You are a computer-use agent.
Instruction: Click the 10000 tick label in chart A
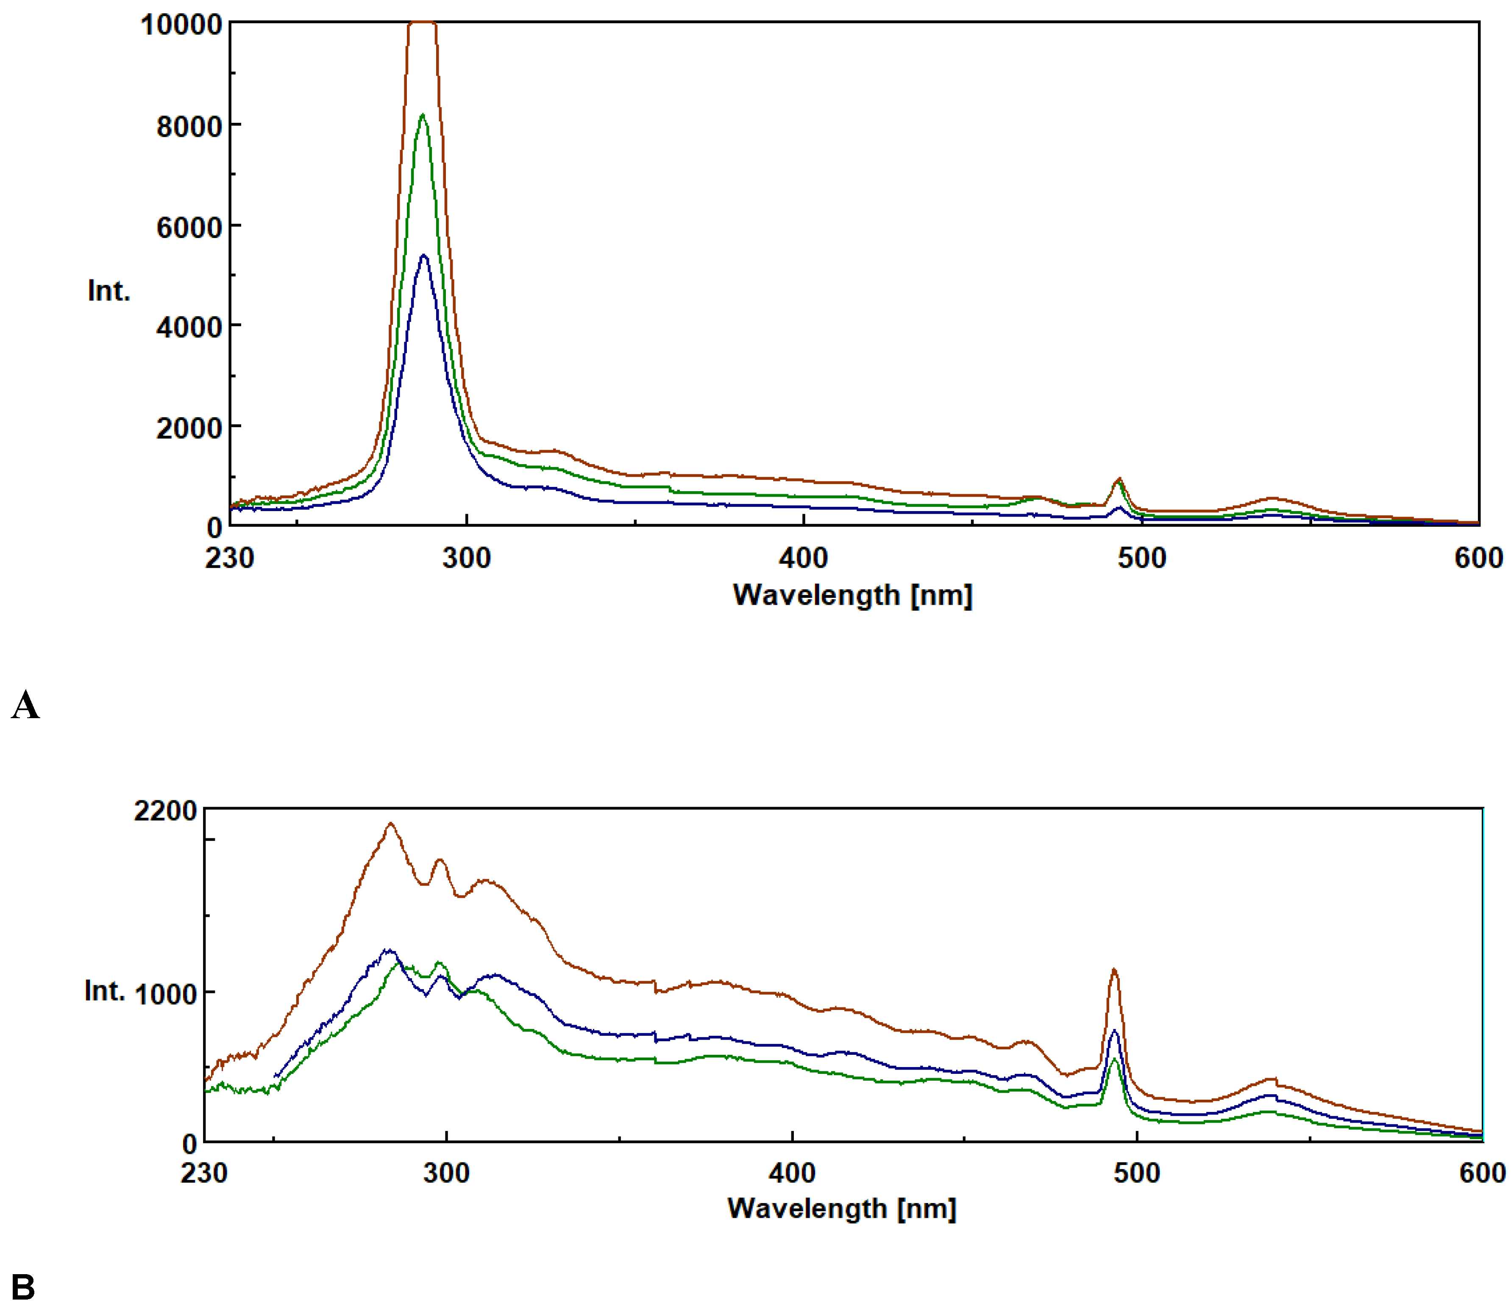[x=181, y=25]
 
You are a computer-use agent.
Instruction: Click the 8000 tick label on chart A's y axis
[x=189, y=127]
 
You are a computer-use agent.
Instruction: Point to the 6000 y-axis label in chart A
[x=189, y=227]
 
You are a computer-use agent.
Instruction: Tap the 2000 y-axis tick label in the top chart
[x=189, y=428]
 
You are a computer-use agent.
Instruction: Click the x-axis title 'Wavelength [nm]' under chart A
[x=852, y=595]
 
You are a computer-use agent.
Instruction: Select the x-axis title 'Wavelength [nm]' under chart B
[x=841, y=1208]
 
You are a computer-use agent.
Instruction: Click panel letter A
[x=25, y=705]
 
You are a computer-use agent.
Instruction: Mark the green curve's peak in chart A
[x=423, y=115]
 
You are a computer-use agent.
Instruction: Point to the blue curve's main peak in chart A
[x=423, y=255]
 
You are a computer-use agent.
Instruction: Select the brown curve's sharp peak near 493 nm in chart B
[x=1113, y=970]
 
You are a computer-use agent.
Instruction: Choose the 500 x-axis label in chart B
[x=1137, y=1173]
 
